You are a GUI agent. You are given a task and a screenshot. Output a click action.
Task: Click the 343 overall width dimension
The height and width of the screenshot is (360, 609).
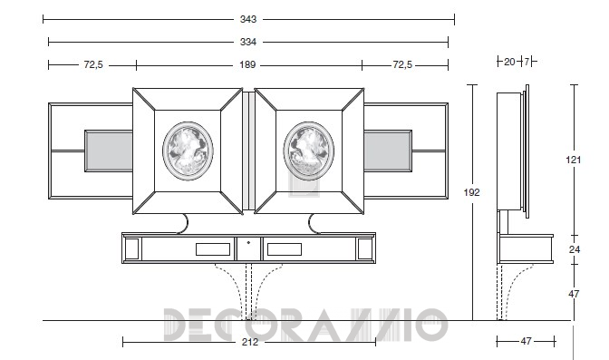tap(248, 19)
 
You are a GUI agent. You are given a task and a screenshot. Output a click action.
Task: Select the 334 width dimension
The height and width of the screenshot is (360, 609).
tap(248, 42)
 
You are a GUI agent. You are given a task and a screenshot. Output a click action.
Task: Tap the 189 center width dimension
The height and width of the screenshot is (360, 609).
tap(247, 64)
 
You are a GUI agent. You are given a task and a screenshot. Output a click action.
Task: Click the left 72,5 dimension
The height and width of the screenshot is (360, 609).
tap(93, 64)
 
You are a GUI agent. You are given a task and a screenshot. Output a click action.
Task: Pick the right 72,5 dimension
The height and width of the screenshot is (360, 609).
tap(402, 64)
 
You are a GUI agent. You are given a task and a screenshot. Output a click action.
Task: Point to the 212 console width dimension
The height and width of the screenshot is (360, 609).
tap(250, 342)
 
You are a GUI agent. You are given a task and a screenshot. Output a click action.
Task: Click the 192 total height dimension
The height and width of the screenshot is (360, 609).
tap(471, 192)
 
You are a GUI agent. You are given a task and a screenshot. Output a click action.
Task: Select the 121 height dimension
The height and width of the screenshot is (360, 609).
tap(574, 160)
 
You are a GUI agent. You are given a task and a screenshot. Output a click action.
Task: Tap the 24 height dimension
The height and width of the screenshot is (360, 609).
tap(575, 249)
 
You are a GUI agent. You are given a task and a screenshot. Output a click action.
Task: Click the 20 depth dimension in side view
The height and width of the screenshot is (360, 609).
tap(509, 62)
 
